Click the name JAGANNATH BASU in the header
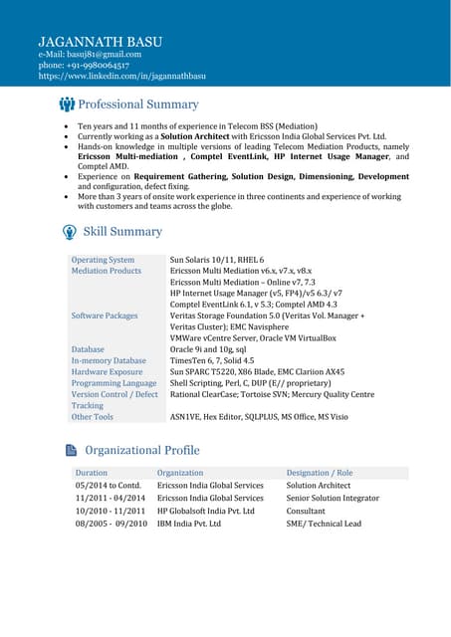click(x=100, y=41)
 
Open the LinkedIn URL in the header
click(x=121, y=76)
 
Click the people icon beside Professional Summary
click(x=67, y=105)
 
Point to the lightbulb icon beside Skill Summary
click(x=69, y=232)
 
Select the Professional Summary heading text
click(x=138, y=105)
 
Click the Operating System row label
click(x=103, y=259)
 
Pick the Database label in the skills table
click(x=88, y=349)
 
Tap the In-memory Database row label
click(x=109, y=360)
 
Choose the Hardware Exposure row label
click(x=107, y=371)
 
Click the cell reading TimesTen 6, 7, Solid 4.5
click(x=212, y=360)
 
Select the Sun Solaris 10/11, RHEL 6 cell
click(x=217, y=259)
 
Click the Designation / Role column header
click(x=319, y=473)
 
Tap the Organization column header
click(x=180, y=473)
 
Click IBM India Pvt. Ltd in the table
click(x=189, y=524)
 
